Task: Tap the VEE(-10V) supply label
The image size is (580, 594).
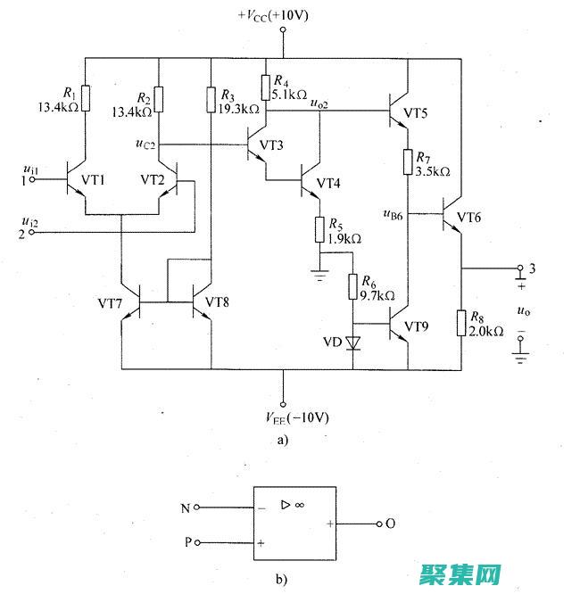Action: [283, 417]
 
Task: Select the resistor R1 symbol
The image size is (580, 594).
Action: [85, 97]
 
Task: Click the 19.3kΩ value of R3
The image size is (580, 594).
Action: [237, 109]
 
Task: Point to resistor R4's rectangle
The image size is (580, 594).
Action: [266, 87]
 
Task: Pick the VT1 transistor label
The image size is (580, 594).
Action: [94, 179]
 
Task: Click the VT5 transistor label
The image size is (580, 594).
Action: [416, 114]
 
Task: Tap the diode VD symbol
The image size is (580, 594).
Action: [355, 342]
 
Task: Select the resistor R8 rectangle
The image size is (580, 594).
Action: [461, 322]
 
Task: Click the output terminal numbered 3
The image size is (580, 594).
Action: [520, 268]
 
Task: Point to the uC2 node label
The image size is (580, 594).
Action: [146, 143]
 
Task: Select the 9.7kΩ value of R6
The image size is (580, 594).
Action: [377, 294]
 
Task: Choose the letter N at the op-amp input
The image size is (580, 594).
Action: [185, 509]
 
